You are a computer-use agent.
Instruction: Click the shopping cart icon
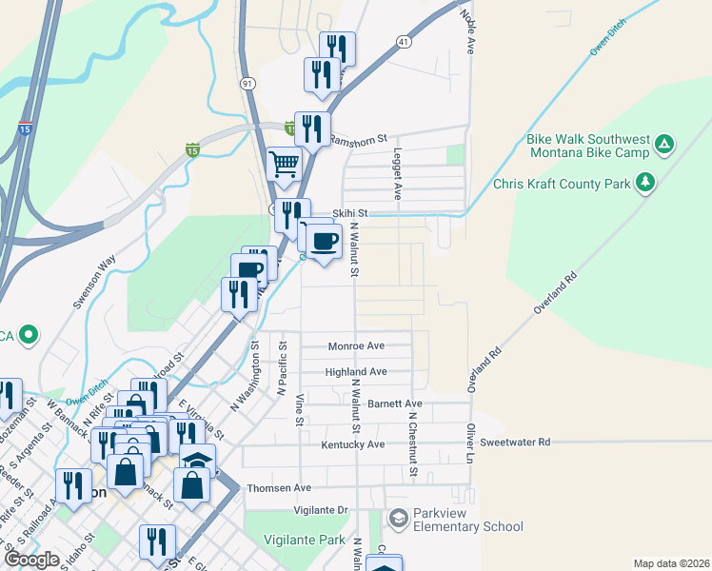pos(284,165)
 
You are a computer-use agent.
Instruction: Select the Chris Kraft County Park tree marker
pos(645,181)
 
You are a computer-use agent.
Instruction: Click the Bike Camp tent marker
pos(664,146)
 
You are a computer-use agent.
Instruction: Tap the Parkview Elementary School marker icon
pos(398,519)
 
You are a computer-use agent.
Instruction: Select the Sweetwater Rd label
pos(515,443)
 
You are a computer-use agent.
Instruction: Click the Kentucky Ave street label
pos(353,444)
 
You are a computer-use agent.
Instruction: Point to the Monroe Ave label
pos(356,346)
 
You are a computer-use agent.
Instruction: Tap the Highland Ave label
pos(356,372)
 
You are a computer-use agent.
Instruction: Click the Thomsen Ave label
pos(279,488)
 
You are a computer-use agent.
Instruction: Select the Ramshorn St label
pos(358,138)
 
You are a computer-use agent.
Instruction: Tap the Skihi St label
pos(349,214)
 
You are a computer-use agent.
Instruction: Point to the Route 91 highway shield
pos(247,84)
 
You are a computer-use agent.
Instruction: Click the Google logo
pos(31,560)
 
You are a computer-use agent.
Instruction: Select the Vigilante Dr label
pos(321,511)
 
